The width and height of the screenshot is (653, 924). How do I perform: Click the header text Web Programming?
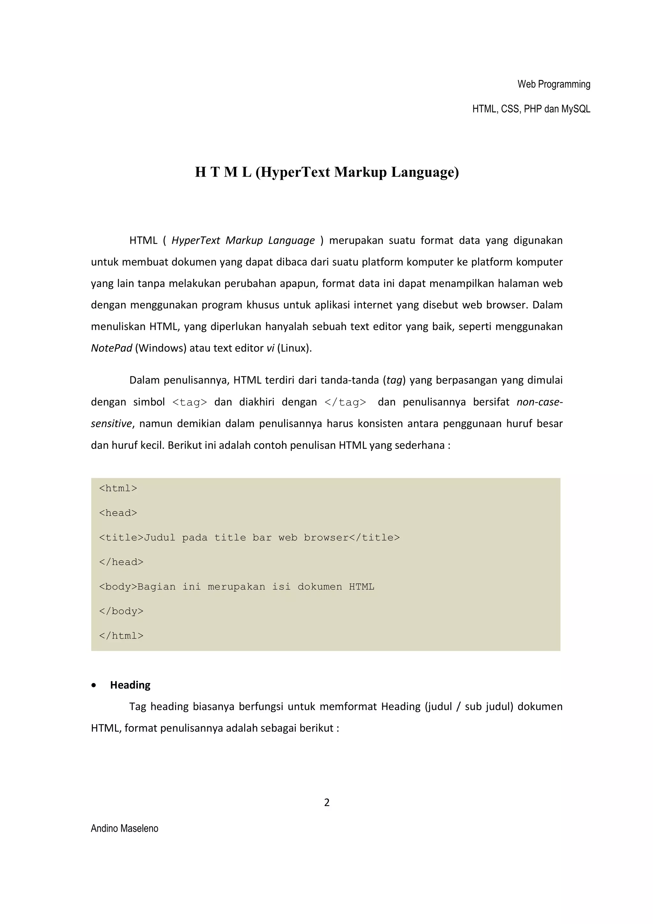click(554, 84)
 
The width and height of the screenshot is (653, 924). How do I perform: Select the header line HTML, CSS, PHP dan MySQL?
click(531, 109)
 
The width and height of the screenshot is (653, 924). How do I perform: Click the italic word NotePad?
click(112, 348)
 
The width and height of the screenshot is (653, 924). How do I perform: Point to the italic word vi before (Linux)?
click(270, 348)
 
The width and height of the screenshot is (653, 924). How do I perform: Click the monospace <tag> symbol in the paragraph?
click(189, 402)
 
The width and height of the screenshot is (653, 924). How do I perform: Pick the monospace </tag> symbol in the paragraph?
click(345, 402)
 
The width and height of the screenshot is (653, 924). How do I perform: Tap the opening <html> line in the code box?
click(118, 488)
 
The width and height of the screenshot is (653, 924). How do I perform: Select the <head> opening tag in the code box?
click(118, 513)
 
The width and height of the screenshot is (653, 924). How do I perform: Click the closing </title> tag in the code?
click(375, 538)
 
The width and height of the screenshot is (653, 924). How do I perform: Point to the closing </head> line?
click(121, 562)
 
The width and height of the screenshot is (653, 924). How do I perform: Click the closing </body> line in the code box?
click(121, 611)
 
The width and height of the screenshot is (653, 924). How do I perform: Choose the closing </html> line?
click(121, 636)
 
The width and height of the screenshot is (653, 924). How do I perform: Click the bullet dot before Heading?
click(94, 686)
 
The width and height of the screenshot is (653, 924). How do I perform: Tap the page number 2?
click(327, 803)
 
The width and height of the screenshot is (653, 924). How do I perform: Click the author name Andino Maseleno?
click(124, 828)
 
